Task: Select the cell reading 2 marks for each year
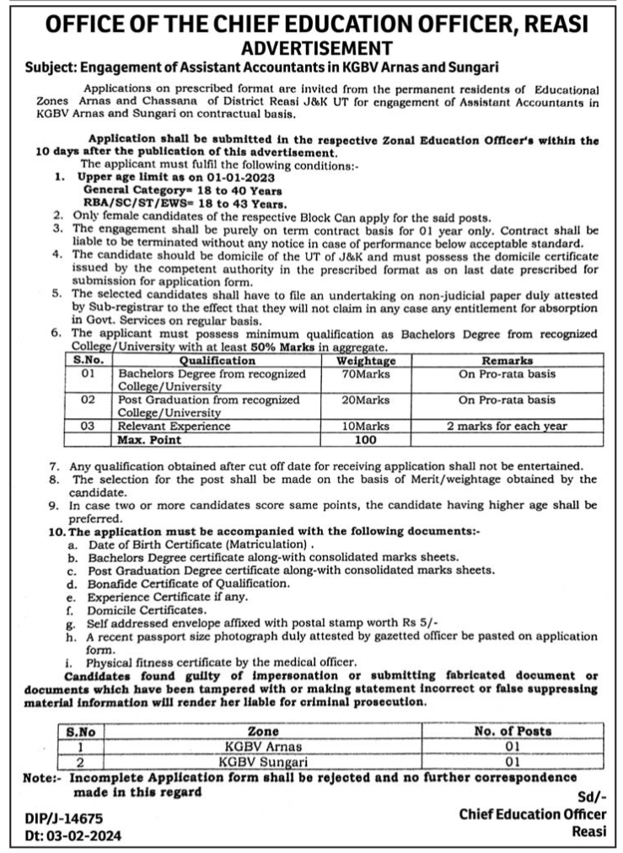click(507, 426)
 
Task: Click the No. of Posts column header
click(513, 732)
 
